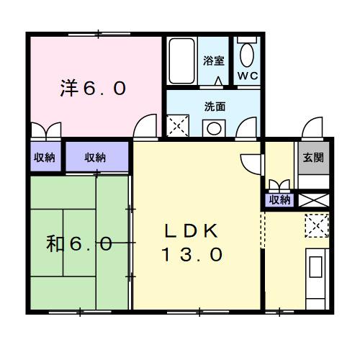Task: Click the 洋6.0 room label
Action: click(93, 89)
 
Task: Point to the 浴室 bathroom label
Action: click(212, 60)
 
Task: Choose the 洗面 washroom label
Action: click(215, 107)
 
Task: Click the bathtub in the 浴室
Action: click(181, 62)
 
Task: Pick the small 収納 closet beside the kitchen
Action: click(279, 200)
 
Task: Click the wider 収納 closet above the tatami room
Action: click(95, 157)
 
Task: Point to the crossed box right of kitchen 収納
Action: click(314, 200)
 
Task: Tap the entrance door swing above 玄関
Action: click(312, 130)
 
